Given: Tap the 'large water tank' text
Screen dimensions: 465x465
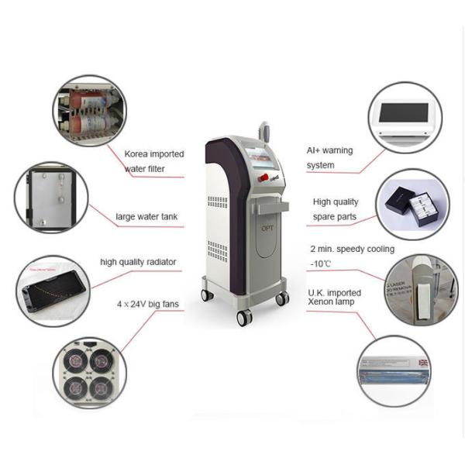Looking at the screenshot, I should click(149, 216).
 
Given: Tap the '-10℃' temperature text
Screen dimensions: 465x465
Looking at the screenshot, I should click(320, 264).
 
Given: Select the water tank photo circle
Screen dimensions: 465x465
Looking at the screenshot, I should click(50, 197).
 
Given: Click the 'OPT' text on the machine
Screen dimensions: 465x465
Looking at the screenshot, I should click(265, 229).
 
